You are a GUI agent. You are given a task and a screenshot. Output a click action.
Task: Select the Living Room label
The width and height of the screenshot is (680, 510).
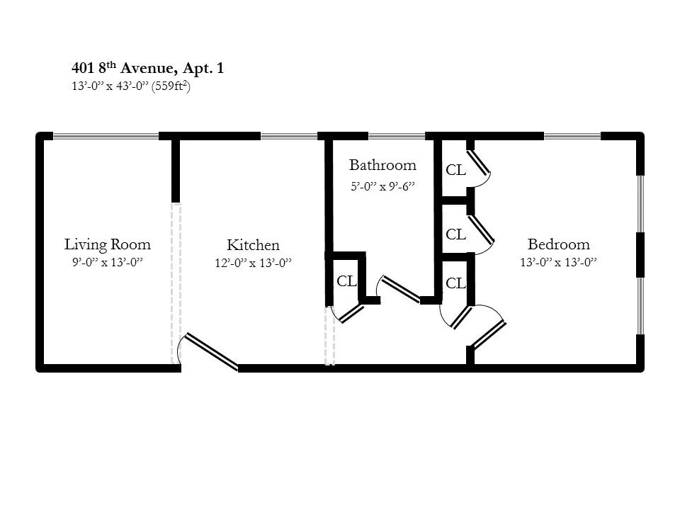click(108, 245)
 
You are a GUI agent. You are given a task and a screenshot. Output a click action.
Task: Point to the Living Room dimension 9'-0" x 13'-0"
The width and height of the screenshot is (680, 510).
click(108, 262)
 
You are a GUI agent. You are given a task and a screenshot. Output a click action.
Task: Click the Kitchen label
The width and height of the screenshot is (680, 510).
click(253, 246)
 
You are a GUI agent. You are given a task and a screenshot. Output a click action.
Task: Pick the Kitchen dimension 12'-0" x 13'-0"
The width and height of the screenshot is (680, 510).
click(253, 263)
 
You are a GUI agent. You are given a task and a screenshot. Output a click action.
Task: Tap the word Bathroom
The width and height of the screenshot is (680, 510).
click(382, 166)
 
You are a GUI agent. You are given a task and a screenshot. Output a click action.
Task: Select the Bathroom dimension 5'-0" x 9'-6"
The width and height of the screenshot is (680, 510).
click(382, 187)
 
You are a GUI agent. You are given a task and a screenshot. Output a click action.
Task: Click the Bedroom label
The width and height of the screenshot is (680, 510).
click(558, 245)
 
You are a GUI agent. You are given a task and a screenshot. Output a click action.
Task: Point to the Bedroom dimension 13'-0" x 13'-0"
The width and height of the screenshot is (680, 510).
click(558, 262)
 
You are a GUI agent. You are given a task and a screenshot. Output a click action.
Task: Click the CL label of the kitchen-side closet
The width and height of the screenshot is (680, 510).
click(346, 281)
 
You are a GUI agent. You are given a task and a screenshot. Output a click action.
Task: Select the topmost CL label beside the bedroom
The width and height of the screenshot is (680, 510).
click(455, 171)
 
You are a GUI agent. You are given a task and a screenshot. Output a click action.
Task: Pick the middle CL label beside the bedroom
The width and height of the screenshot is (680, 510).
click(455, 234)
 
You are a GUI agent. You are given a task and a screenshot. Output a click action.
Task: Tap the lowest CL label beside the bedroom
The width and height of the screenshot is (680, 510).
click(455, 284)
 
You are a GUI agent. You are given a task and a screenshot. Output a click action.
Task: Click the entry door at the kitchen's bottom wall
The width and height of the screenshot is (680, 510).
click(212, 351)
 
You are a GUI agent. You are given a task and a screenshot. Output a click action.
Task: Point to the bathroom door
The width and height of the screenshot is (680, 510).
click(400, 289)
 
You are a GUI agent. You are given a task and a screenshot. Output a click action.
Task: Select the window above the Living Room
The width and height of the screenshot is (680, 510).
click(106, 136)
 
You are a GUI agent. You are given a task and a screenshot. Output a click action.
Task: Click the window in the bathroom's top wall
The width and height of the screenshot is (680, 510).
click(396, 136)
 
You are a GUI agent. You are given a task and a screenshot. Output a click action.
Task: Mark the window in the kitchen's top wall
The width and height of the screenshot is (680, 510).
click(288, 136)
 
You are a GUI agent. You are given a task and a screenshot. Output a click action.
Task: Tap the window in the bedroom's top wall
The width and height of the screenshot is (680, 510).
click(572, 136)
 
